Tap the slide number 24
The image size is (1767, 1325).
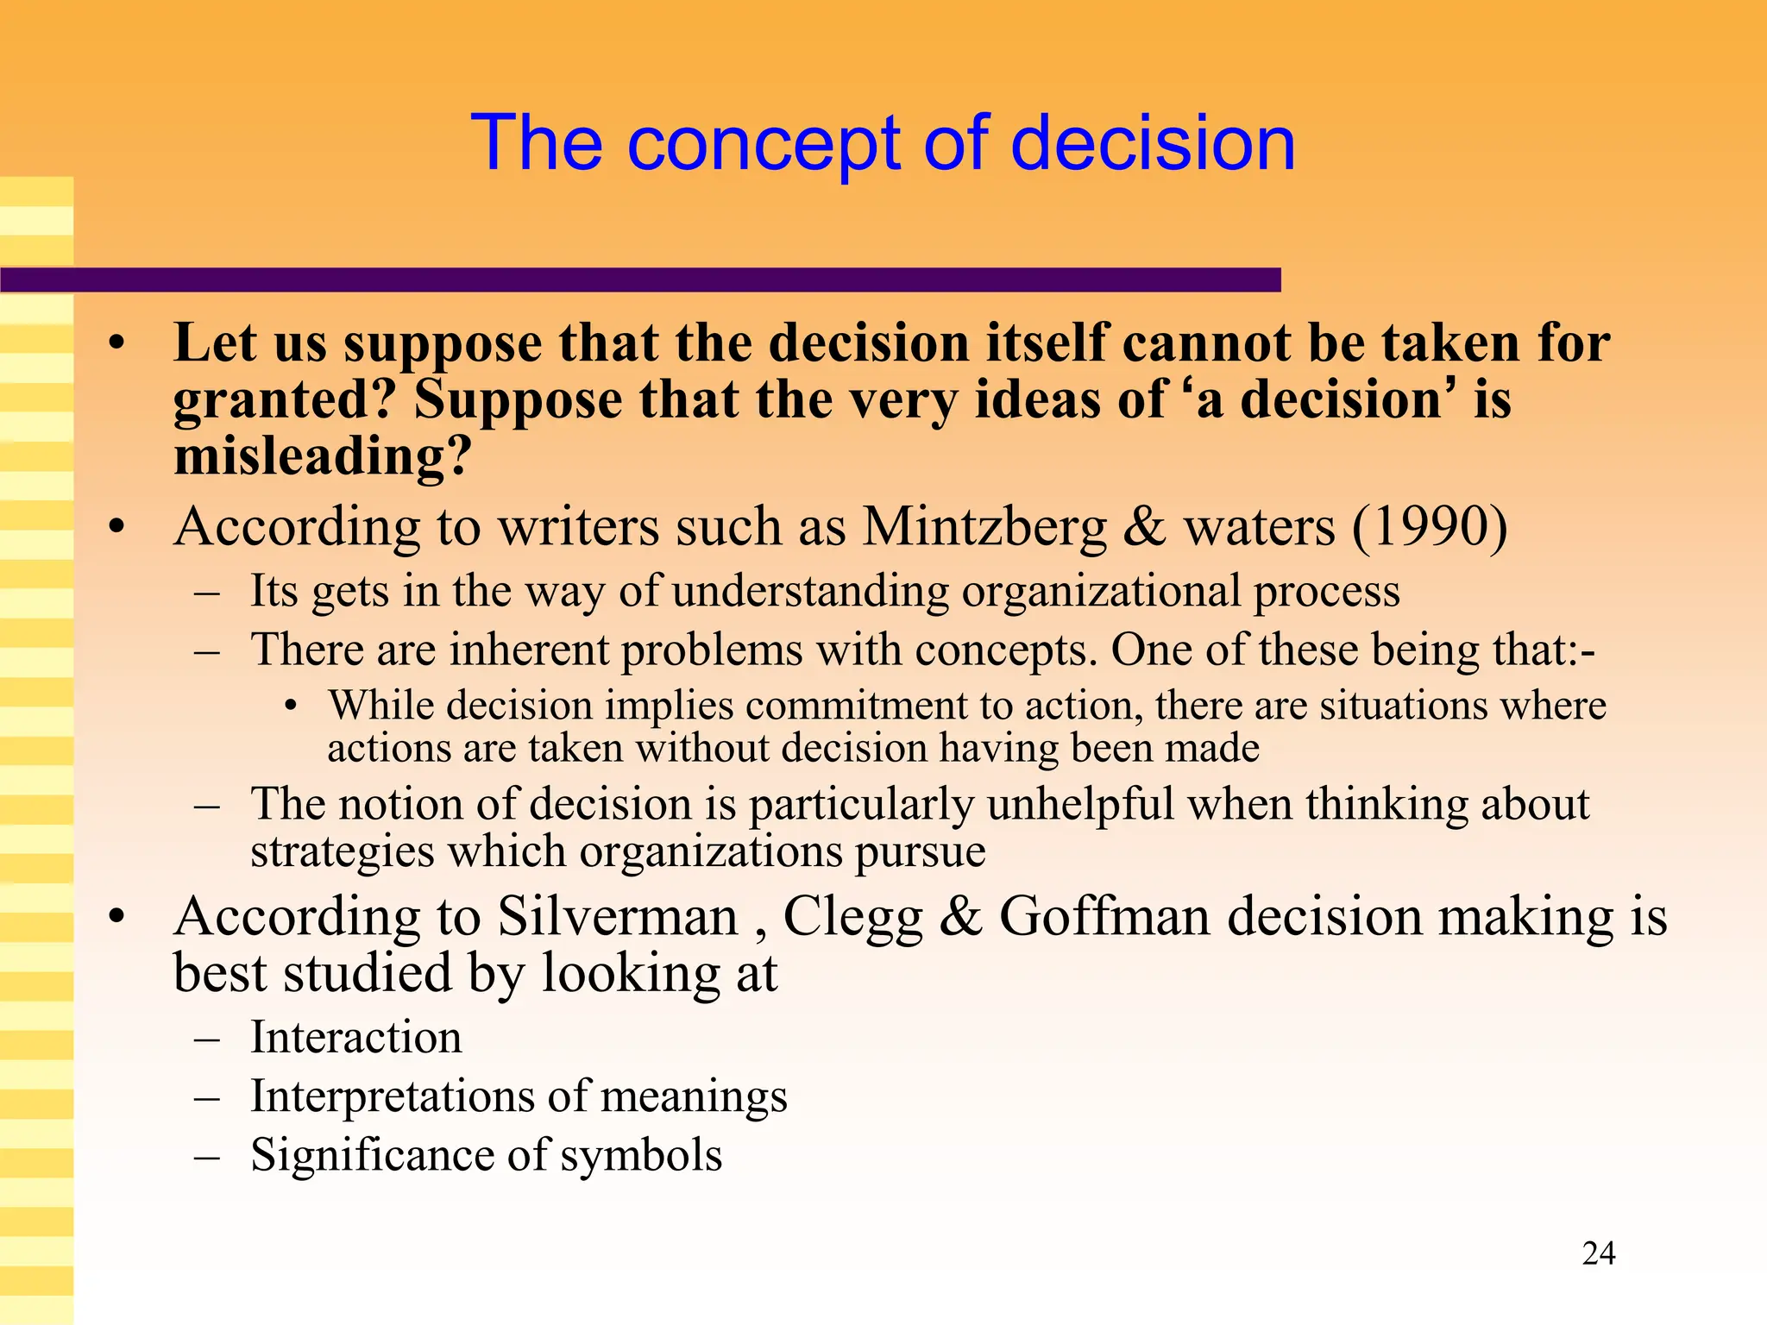(1598, 1253)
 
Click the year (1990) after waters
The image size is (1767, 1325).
(1429, 526)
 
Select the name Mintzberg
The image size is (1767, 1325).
(984, 526)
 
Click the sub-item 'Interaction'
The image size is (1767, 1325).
(355, 1037)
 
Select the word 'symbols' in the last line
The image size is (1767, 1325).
(641, 1156)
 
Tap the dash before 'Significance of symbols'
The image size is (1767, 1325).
(207, 1157)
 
